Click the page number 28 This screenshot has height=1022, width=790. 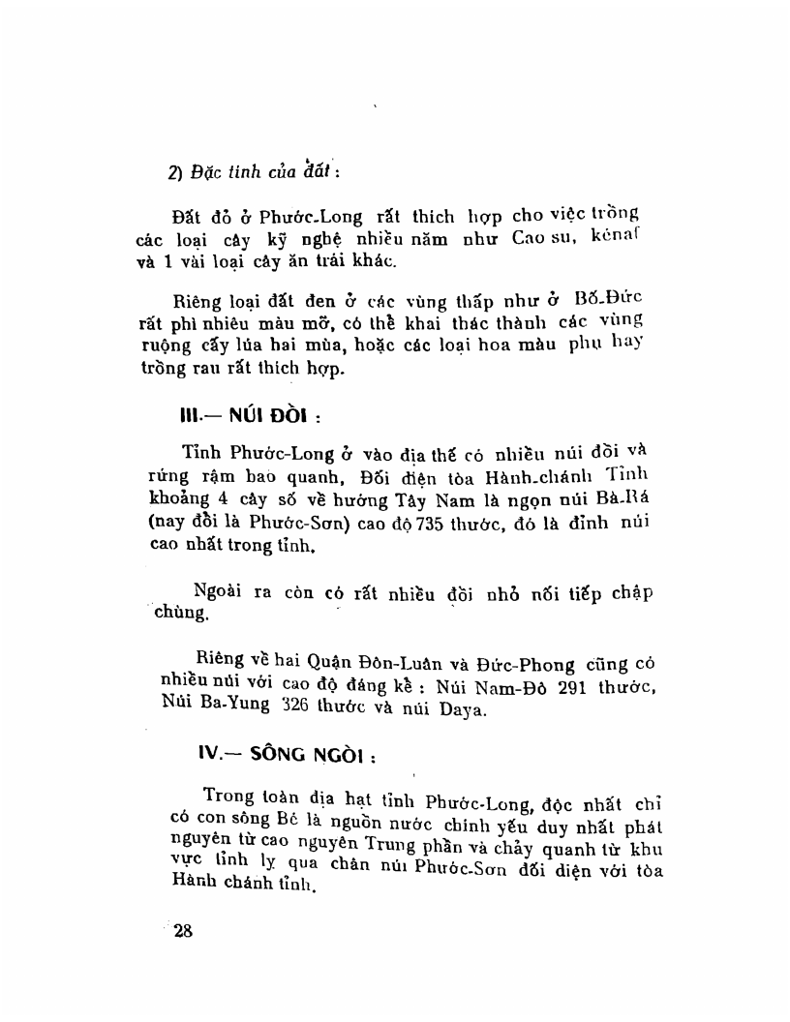click(184, 931)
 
